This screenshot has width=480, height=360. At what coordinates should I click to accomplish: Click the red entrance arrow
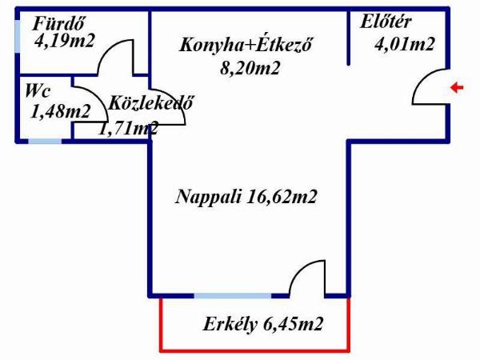tap(457, 88)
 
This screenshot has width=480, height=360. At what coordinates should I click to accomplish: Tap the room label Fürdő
tap(59, 23)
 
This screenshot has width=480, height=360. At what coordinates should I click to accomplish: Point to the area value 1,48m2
tap(60, 111)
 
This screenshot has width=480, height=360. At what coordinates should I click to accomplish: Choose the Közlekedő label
tap(151, 103)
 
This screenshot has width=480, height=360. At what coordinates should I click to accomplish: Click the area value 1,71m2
tap(128, 127)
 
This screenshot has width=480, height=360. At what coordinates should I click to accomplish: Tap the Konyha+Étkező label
tap(245, 44)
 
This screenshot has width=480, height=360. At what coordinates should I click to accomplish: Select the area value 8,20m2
tap(250, 68)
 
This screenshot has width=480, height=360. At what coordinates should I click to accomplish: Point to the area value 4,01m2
tap(405, 45)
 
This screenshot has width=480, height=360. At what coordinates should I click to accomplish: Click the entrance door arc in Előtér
tap(426, 86)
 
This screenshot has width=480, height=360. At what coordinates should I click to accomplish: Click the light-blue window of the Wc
tap(45, 142)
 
